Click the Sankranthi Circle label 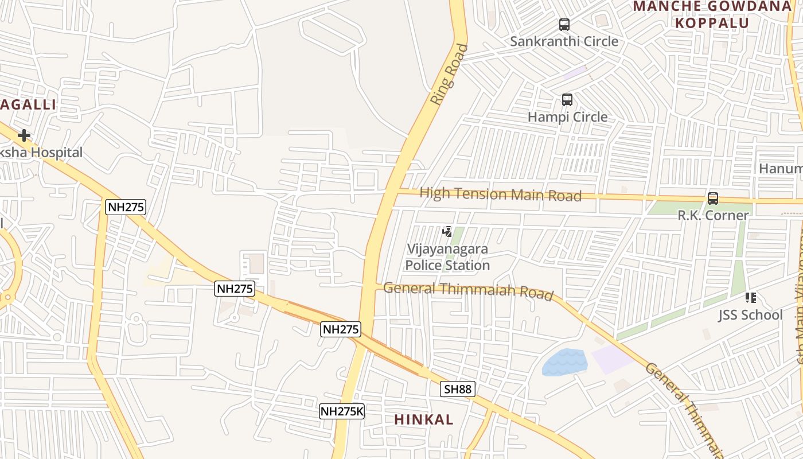[x=564, y=41]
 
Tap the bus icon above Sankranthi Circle [x=564, y=25]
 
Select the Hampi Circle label [x=567, y=117]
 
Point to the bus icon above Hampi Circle [x=567, y=100]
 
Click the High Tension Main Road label [x=500, y=194]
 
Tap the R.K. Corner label [x=713, y=216]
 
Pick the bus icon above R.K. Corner [x=713, y=199]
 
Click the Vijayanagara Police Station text [x=447, y=257]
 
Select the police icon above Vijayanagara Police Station [x=447, y=232]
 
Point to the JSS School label [x=750, y=315]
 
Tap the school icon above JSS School [x=751, y=298]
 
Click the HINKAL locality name [x=424, y=419]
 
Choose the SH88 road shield [x=458, y=390]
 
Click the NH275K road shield [x=342, y=411]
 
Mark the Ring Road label [x=449, y=75]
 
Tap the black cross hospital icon [x=24, y=135]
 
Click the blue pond [x=564, y=362]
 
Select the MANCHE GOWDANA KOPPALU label [x=712, y=14]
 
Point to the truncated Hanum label [x=781, y=169]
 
